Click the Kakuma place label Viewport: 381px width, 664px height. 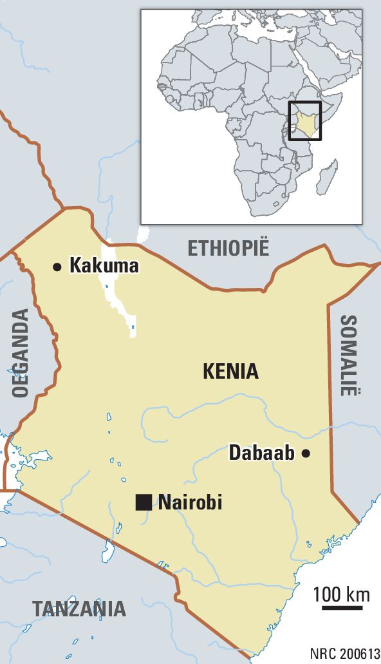(x=104, y=265)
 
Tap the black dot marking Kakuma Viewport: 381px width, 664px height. (x=57, y=266)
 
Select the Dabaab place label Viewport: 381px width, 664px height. (x=261, y=453)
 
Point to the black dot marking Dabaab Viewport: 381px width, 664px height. (x=306, y=453)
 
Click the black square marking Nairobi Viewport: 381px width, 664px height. (x=144, y=502)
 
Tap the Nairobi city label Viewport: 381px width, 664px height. (x=190, y=502)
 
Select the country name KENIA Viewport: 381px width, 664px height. (x=230, y=371)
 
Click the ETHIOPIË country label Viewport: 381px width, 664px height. (x=228, y=247)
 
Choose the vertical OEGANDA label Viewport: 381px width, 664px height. (x=21, y=353)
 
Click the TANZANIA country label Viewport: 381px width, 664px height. (x=79, y=608)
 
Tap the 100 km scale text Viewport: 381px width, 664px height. (x=342, y=594)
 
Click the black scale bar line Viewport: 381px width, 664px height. (x=342, y=607)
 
